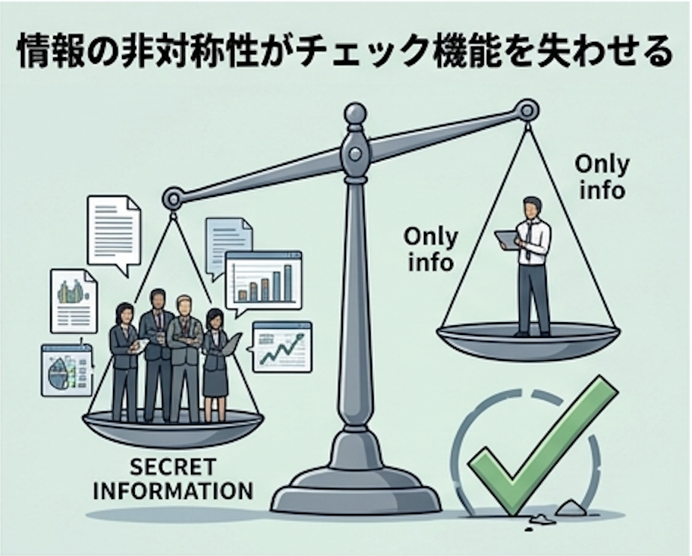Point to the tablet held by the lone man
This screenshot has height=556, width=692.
pyautogui.click(x=507, y=239)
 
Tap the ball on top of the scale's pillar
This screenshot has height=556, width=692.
pyautogui.click(x=355, y=115)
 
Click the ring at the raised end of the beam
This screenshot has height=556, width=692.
pyautogui.click(x=527, y=111)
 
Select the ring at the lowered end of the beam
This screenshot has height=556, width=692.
pyautogui.click(x=173, y=199)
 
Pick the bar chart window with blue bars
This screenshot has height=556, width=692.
pyautogui.click(x=263, y=279)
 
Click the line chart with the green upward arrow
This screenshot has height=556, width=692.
pyautogui.click(x=282, y=347)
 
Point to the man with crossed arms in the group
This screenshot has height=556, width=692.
pyautogui.click(x=184, y=353)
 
